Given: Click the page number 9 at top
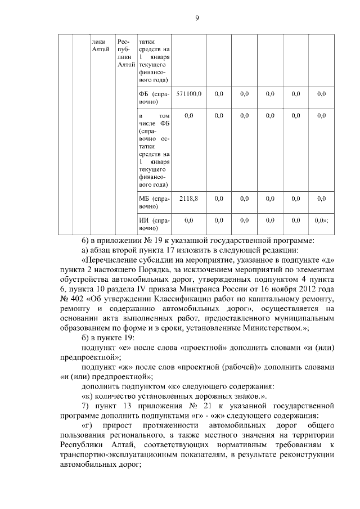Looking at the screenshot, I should click(x=197, y=17).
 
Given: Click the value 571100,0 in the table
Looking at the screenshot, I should click(x=189, y=93).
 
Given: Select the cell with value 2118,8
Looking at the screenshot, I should click(x=189, y=199).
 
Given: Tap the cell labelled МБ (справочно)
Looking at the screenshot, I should click(x=154, y=202).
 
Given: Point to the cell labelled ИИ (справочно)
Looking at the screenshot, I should click(x=154, y=224).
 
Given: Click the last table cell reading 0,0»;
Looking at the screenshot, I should click(x=321, y=220).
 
